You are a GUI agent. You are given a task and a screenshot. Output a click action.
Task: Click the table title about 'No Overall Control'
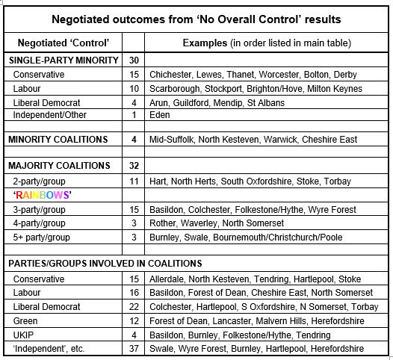pyautogui.click(x=196, y=18)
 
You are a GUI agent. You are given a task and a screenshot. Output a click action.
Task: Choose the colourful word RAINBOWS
pyautogui.click(x=42, y=195)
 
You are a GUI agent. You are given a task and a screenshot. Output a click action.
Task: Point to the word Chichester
pyautogui.click(x=174, y=75)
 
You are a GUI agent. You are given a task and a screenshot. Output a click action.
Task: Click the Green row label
pyautogui.click(x=27, y=321)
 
